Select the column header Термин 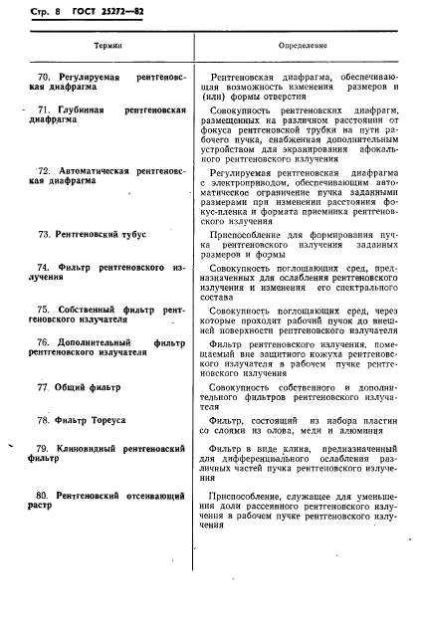point(108,47)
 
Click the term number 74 point(43,268)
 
